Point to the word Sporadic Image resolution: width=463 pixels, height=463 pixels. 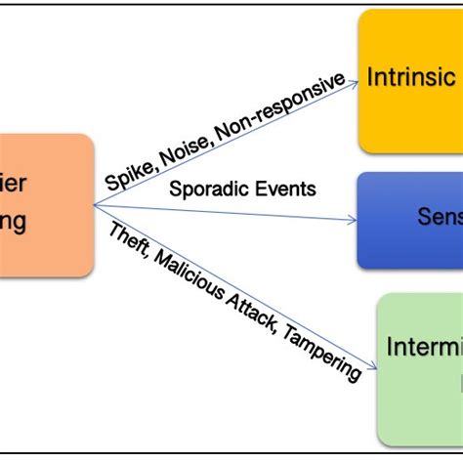(x=203, y=189)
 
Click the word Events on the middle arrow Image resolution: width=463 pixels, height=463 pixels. (x=282, y=189)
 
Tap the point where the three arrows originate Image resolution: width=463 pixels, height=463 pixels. (x=95, y=206)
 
